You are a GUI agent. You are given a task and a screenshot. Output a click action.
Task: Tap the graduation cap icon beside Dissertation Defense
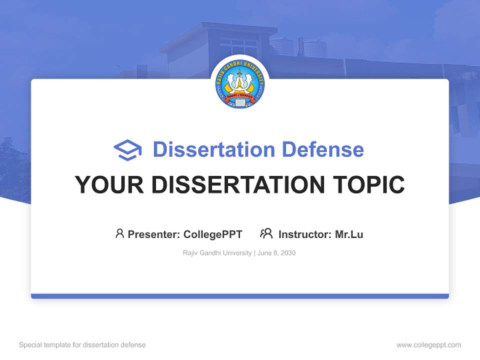pos(127,150)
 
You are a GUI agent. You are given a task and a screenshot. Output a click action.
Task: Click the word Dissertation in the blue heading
pos(214,149)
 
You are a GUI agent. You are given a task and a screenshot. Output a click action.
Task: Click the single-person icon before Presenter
pos(119,233)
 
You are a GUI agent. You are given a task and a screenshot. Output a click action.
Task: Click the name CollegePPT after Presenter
pos(213,234)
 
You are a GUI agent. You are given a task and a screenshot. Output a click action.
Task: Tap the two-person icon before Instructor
pos(266,233)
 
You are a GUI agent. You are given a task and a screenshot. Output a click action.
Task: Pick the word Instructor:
pos(304,234)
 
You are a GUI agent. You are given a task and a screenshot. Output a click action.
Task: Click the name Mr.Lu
pos(349,234)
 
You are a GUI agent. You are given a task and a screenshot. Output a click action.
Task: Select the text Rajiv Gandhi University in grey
pos(217,253)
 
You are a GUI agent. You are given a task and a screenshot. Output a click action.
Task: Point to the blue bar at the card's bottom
pos(240,296)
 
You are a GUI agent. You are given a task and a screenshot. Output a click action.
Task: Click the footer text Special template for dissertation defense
pos(82,345)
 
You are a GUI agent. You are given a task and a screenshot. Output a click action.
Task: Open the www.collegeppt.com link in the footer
pos(428,345)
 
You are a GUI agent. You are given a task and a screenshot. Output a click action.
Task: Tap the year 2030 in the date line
pos(288,253)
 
